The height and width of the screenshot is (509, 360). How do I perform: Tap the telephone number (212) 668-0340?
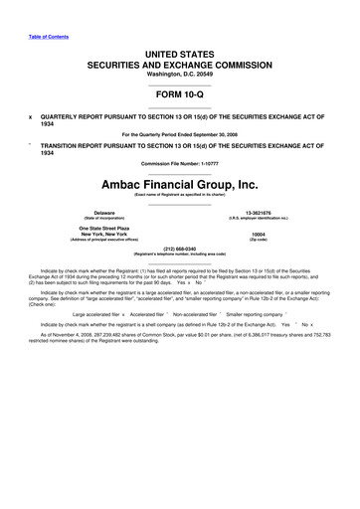pos(179,249)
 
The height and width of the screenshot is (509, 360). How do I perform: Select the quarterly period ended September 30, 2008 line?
pos(179,132)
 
